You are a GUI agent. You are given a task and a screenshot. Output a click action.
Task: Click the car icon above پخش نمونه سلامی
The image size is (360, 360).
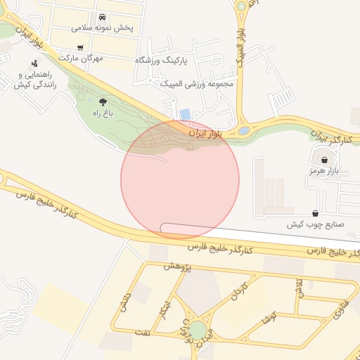pos(103,17)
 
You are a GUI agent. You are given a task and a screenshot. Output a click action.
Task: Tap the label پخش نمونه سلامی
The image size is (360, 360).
pos(103,29)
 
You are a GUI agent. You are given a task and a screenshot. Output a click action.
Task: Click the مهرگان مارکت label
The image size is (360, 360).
pos(81,58)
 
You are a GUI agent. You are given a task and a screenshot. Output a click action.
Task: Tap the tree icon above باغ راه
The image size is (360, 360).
pos(103,101)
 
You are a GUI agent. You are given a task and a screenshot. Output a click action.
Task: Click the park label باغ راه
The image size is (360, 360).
pos(103,112)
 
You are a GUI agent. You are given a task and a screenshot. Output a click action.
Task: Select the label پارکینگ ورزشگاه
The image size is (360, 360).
pos(164,61)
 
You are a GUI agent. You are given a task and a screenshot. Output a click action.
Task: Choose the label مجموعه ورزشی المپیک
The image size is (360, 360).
pos(196,84)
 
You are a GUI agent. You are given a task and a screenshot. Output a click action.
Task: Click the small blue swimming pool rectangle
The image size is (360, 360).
pos(186,114)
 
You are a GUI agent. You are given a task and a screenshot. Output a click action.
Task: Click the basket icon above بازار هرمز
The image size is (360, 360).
pos(324,160)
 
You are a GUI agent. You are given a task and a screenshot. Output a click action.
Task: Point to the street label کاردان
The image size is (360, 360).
pos(240,292)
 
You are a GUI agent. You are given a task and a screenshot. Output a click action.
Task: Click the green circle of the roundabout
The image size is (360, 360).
pos(198,330)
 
